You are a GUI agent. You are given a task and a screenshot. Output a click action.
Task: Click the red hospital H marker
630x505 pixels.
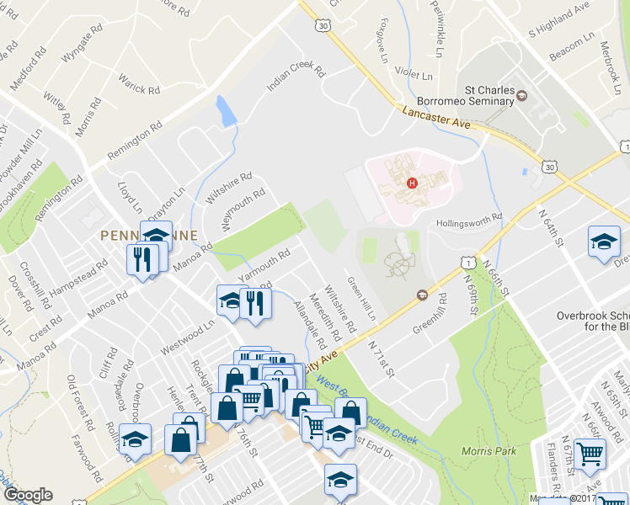click(x=412, y=183)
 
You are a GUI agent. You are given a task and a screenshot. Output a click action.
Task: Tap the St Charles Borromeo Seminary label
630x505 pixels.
click(x=490, y=96)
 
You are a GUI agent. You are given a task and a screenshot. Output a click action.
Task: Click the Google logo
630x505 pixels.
click(x=29, y=494)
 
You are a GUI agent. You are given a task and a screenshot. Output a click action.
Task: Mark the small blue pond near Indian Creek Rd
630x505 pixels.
click(x=226, y=111)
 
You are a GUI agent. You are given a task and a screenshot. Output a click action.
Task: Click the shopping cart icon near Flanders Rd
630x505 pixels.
click(x=590, y=454)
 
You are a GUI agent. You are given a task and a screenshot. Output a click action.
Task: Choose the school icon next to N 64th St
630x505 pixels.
click(x=604, y=243)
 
